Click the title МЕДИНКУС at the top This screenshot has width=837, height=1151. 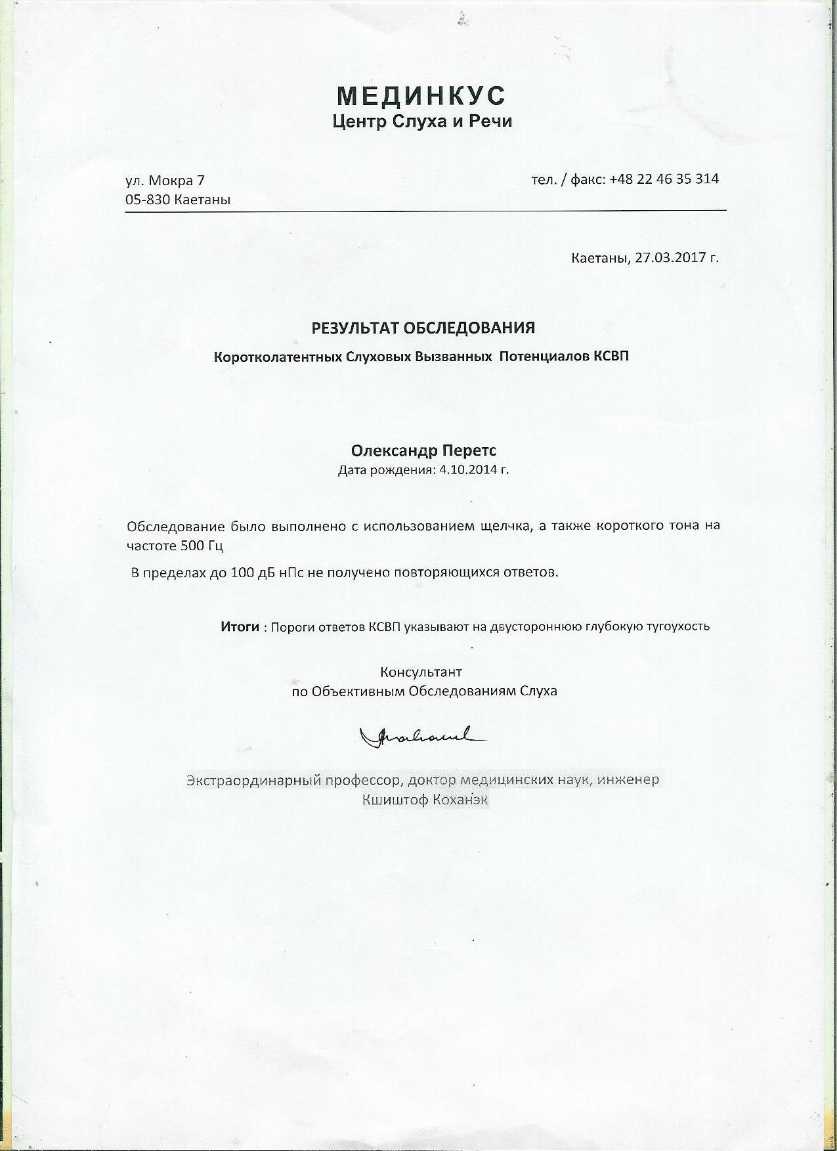point(421,96)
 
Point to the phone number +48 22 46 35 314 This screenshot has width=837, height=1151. point(664,179)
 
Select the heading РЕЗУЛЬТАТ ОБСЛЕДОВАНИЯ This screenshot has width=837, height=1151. point(423,327)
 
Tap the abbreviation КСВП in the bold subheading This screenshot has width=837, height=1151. point(611,357)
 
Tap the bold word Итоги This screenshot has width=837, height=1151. point(240,626)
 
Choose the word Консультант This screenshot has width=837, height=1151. point(421,672)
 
